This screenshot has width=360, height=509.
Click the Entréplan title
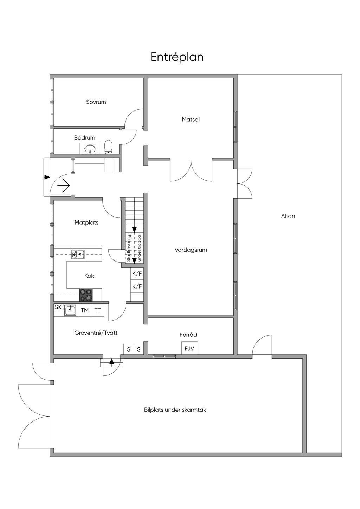point(177,57)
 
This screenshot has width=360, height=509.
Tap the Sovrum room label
point(96,102)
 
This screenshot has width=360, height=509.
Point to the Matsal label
point(191,119)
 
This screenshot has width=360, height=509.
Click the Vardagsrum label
point(191,250)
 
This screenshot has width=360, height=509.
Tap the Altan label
point(288,216)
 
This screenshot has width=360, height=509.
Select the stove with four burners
point(86,295)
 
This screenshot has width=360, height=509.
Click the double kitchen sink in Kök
point(78,254)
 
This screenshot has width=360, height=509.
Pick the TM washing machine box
point(84,310)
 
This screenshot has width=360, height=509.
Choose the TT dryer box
point(97,310)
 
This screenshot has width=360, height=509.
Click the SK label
point(58,307)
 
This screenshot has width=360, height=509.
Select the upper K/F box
point(137,274)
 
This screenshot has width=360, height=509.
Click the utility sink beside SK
point(70,310)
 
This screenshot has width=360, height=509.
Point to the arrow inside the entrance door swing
point(63,186)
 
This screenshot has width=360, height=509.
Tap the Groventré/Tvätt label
point(96,333)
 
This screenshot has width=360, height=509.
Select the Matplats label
point(86,223)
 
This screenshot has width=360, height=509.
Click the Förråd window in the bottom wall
point(164,356)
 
